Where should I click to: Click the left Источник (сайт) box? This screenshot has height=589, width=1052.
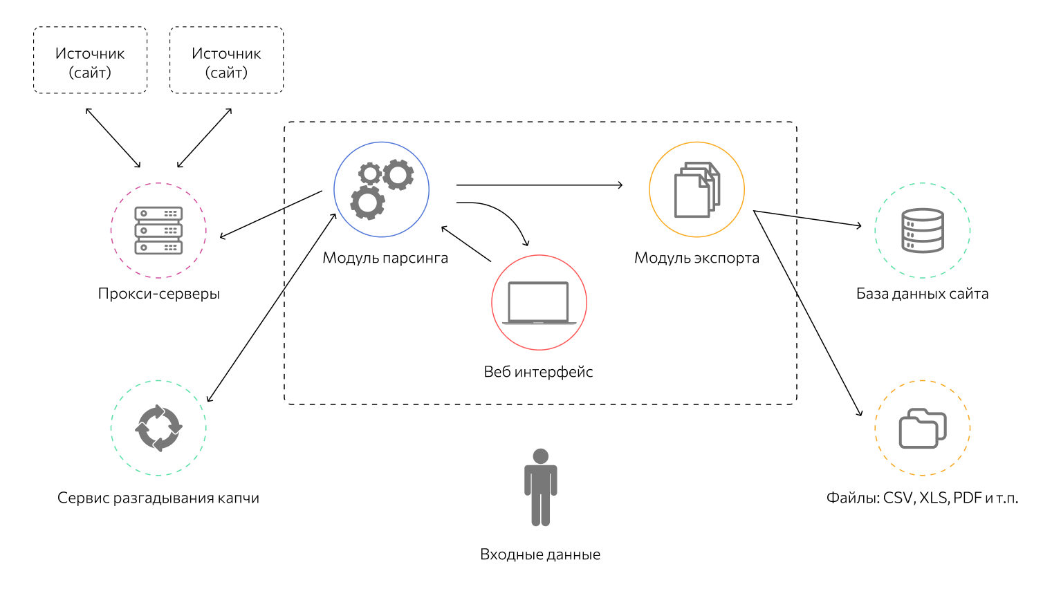(90, 60)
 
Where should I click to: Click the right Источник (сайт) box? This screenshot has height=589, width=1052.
(226, 60)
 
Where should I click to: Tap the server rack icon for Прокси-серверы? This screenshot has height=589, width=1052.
(158, 230)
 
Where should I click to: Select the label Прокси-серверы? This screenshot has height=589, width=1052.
(158, 294)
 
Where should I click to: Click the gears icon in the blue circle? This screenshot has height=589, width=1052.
(382, 189)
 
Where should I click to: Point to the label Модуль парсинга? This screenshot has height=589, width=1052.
(385, 259)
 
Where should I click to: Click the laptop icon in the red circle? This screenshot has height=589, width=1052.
(539, 303)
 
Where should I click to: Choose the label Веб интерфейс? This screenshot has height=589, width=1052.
(538, 372)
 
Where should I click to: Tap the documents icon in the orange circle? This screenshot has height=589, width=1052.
(696, 189)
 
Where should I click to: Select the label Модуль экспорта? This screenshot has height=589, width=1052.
(696, 259)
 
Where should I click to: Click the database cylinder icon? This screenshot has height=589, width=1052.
(923, 230)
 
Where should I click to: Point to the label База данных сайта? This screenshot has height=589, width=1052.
(922, 294)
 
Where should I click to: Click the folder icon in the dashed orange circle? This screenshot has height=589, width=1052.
(923, 428)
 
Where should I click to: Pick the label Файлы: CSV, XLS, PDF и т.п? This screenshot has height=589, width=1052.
(922, 498)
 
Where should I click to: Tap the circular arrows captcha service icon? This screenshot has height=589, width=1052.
(158, 428)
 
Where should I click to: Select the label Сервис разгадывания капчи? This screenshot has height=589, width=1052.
(158, 498)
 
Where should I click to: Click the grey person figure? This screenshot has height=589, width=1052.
(540, 487)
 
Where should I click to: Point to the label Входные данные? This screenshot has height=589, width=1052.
(540, 554)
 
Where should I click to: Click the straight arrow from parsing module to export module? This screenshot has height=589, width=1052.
(539, 185)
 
